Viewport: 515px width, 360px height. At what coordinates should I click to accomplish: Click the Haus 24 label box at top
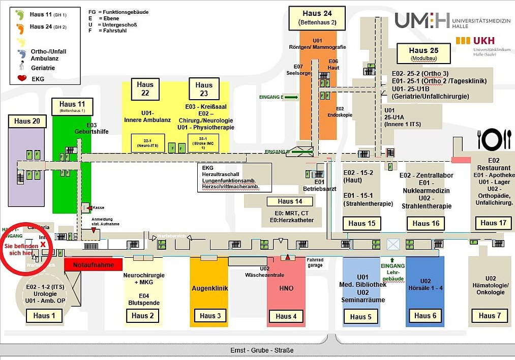[x=317, y=18]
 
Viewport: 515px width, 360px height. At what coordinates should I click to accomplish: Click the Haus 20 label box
[x=27, y=121]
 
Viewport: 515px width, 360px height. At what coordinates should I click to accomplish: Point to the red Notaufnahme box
[x=94, y=265]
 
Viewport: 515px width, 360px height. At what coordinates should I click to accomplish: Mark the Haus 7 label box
[x=490, y=316]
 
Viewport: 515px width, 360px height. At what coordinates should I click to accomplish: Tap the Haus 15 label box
[x=361, y=223]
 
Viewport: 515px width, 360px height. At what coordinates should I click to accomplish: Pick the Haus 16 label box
[x=426, y=223]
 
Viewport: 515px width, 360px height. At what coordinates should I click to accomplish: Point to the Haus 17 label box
[x=493, y=223]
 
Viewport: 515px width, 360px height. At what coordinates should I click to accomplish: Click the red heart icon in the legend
[x=22, y=79]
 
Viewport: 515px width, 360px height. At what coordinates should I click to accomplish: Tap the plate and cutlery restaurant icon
[x=494, y=139]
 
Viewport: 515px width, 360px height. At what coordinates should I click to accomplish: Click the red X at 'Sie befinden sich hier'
[x=44, y=244]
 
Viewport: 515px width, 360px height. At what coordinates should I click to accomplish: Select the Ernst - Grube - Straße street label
[x=262, y=350]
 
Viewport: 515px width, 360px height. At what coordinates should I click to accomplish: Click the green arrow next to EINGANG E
[x=291, y=96]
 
